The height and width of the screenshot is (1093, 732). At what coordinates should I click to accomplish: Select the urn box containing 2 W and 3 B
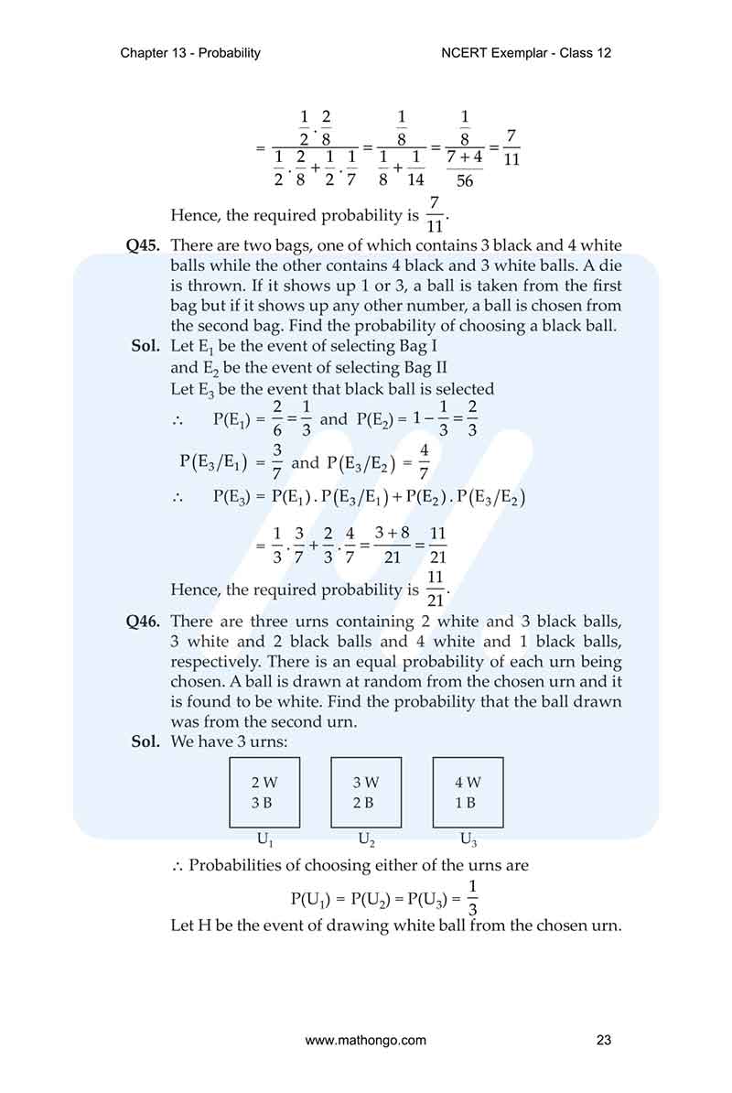tap(264, 793)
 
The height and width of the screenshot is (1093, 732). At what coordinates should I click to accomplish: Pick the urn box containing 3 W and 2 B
tap(365, 793)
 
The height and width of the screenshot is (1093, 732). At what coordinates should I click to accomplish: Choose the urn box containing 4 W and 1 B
tap(467, 793)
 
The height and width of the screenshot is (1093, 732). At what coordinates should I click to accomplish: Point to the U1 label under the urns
tap(264, 839)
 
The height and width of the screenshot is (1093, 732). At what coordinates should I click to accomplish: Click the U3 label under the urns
tap(468, 839)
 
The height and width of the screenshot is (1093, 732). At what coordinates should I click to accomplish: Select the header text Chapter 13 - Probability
tap(190, 53)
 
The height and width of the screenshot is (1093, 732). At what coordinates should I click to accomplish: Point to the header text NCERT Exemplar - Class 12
tap(526, 53)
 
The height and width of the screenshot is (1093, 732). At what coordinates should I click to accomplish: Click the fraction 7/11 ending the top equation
tap(511, 147)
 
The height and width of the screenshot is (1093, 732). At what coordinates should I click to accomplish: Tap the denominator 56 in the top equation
tap(465, 180)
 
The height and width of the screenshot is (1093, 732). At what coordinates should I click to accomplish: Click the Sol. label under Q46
tap(146, 741)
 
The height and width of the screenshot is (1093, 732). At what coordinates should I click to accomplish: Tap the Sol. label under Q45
tap(146, 347)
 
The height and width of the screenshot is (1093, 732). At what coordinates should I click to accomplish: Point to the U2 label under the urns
tap(366, 839)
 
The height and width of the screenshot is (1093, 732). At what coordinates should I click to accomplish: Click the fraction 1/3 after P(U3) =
tap(472, 897)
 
